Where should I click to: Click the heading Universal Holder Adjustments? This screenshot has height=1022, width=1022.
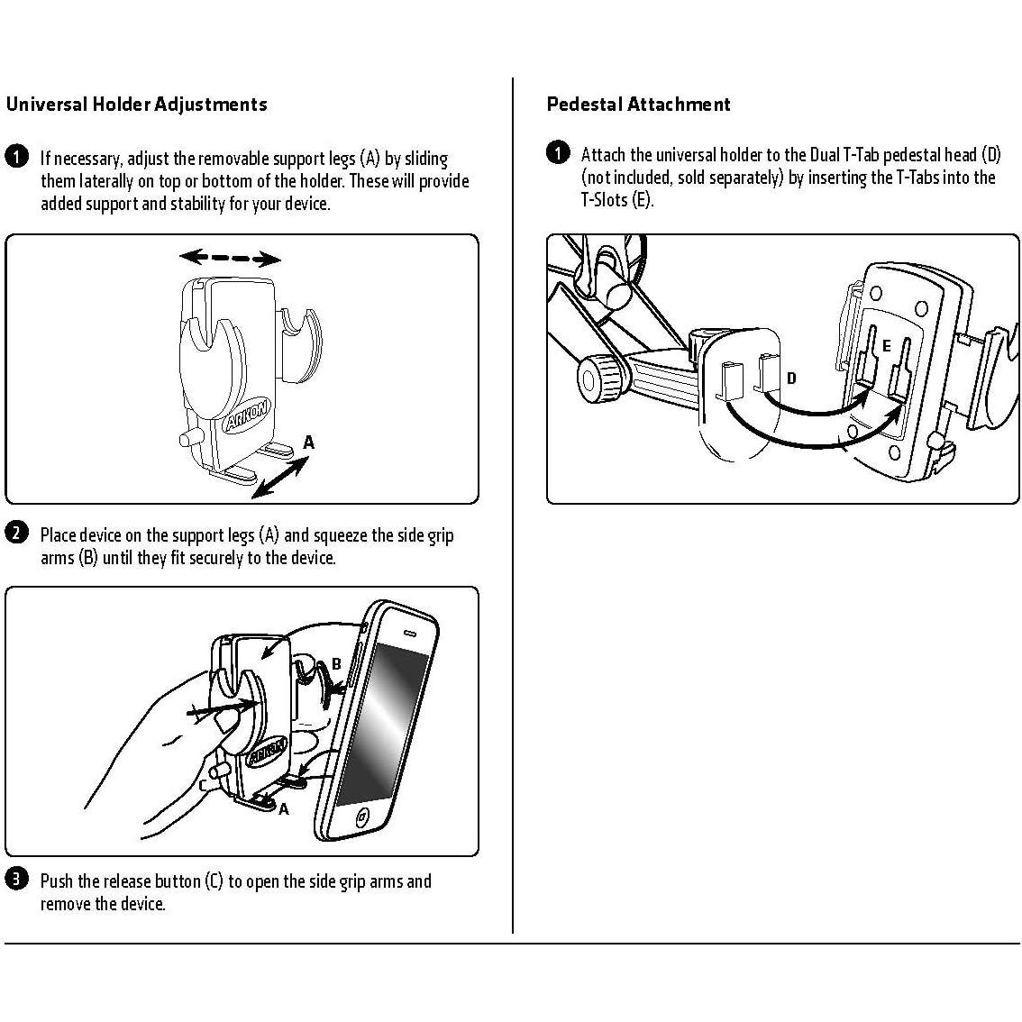(x=137, y=105)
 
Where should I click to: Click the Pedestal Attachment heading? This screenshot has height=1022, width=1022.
(x=638, y=105)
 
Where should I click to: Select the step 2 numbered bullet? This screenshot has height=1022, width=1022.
(x=16, y=533)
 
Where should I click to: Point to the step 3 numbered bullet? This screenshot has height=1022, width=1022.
(x=16, y=879)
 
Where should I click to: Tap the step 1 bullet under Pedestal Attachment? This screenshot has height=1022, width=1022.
(x=558, y=152)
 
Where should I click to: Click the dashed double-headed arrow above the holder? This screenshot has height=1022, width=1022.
(x=230, y=259)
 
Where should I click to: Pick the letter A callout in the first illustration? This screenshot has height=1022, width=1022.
(x=309, y=443)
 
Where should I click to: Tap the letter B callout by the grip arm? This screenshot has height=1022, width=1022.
(x=336, y=664)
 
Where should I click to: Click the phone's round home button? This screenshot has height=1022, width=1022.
(x=362, y=818)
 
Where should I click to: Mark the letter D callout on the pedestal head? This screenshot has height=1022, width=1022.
(x=791, y=379)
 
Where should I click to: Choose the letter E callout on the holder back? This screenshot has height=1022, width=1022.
(x=887, y=346)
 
